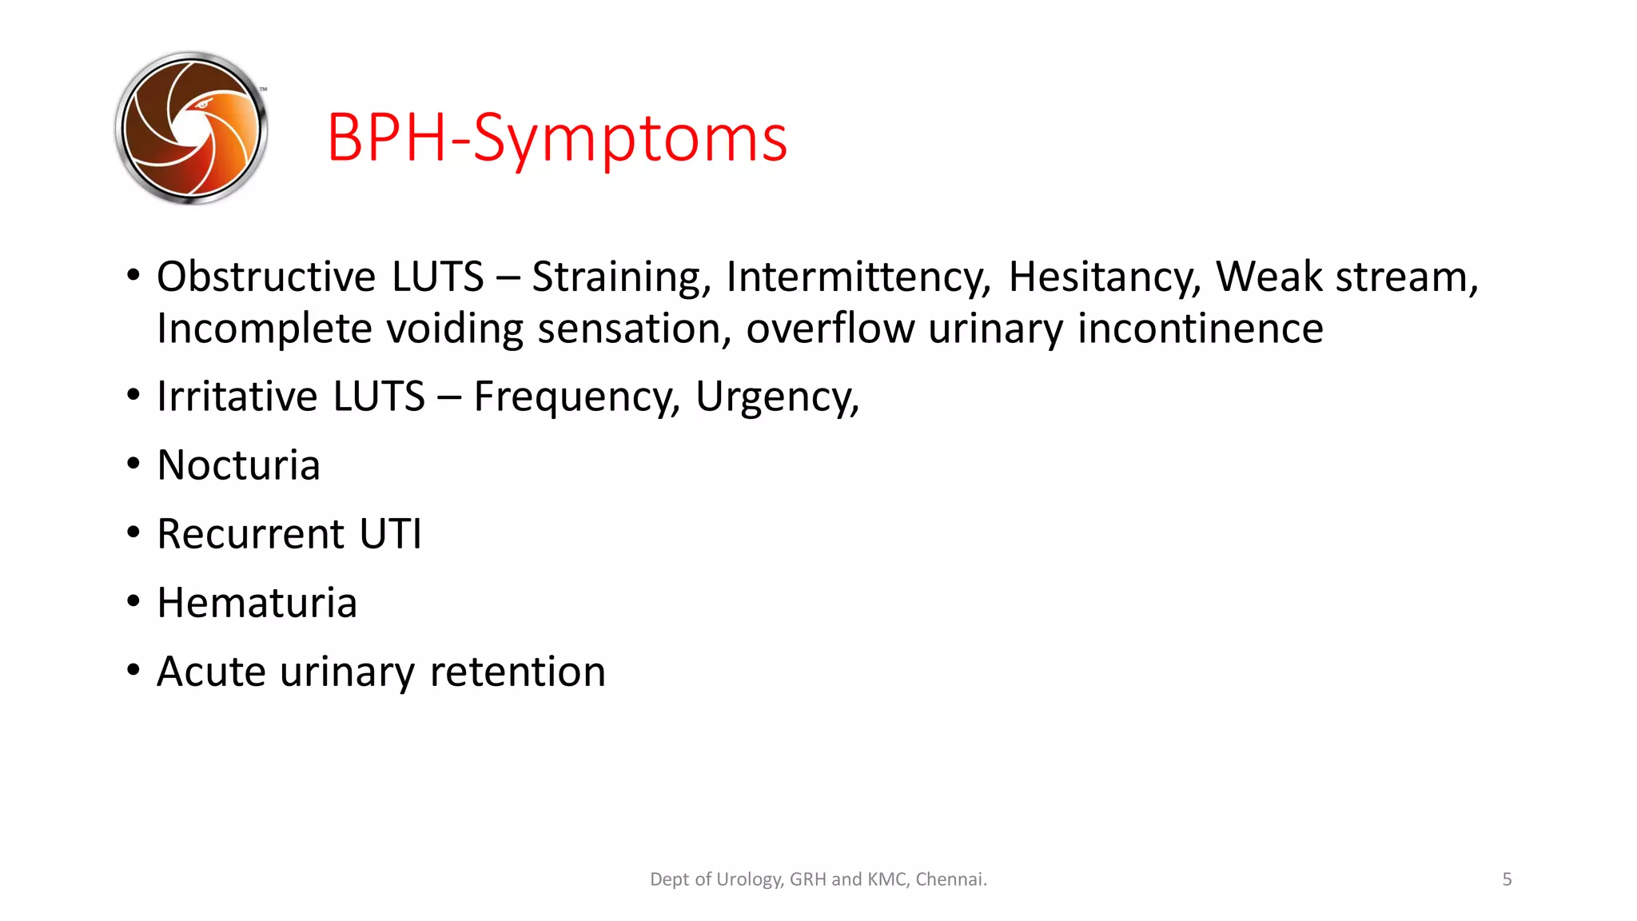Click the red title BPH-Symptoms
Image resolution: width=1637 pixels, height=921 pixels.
coord(557,138)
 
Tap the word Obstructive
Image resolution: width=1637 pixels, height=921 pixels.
coord(265,277)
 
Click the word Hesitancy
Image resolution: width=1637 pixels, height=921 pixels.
coord(1104,278)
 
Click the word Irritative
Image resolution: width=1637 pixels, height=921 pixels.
coord(237,397)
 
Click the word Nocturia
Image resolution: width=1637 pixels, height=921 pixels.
coord(238,465)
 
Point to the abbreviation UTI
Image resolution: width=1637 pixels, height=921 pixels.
coord(390,534)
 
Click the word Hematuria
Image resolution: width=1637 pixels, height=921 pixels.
coord(257,603)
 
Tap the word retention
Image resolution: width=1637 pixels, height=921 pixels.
coord(517,672)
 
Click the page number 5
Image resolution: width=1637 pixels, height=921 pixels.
coord(1507,879)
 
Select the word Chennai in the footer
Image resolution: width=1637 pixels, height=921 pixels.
coord(950,879)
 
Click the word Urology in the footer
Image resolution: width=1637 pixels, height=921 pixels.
coord(749,880)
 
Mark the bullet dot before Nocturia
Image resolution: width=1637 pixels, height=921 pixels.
coord(133,464)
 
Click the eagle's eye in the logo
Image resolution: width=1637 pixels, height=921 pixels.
coord(202,103)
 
